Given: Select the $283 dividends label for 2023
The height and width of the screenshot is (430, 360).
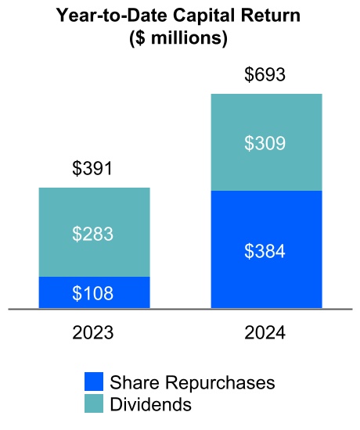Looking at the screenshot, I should point(94,233).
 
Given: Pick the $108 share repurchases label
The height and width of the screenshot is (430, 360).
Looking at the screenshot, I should point(94,294).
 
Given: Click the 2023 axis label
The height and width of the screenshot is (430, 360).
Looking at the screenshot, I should point(94,332).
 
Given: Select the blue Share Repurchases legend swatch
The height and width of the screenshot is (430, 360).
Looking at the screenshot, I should point(94,382).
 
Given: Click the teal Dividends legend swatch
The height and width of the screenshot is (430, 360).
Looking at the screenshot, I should point(94,403).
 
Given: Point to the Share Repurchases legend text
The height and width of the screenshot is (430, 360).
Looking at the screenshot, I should point(193,382).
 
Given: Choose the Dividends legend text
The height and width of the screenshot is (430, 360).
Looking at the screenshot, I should point(150,404).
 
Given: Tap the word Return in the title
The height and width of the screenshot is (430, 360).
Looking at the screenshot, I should point(273,16).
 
